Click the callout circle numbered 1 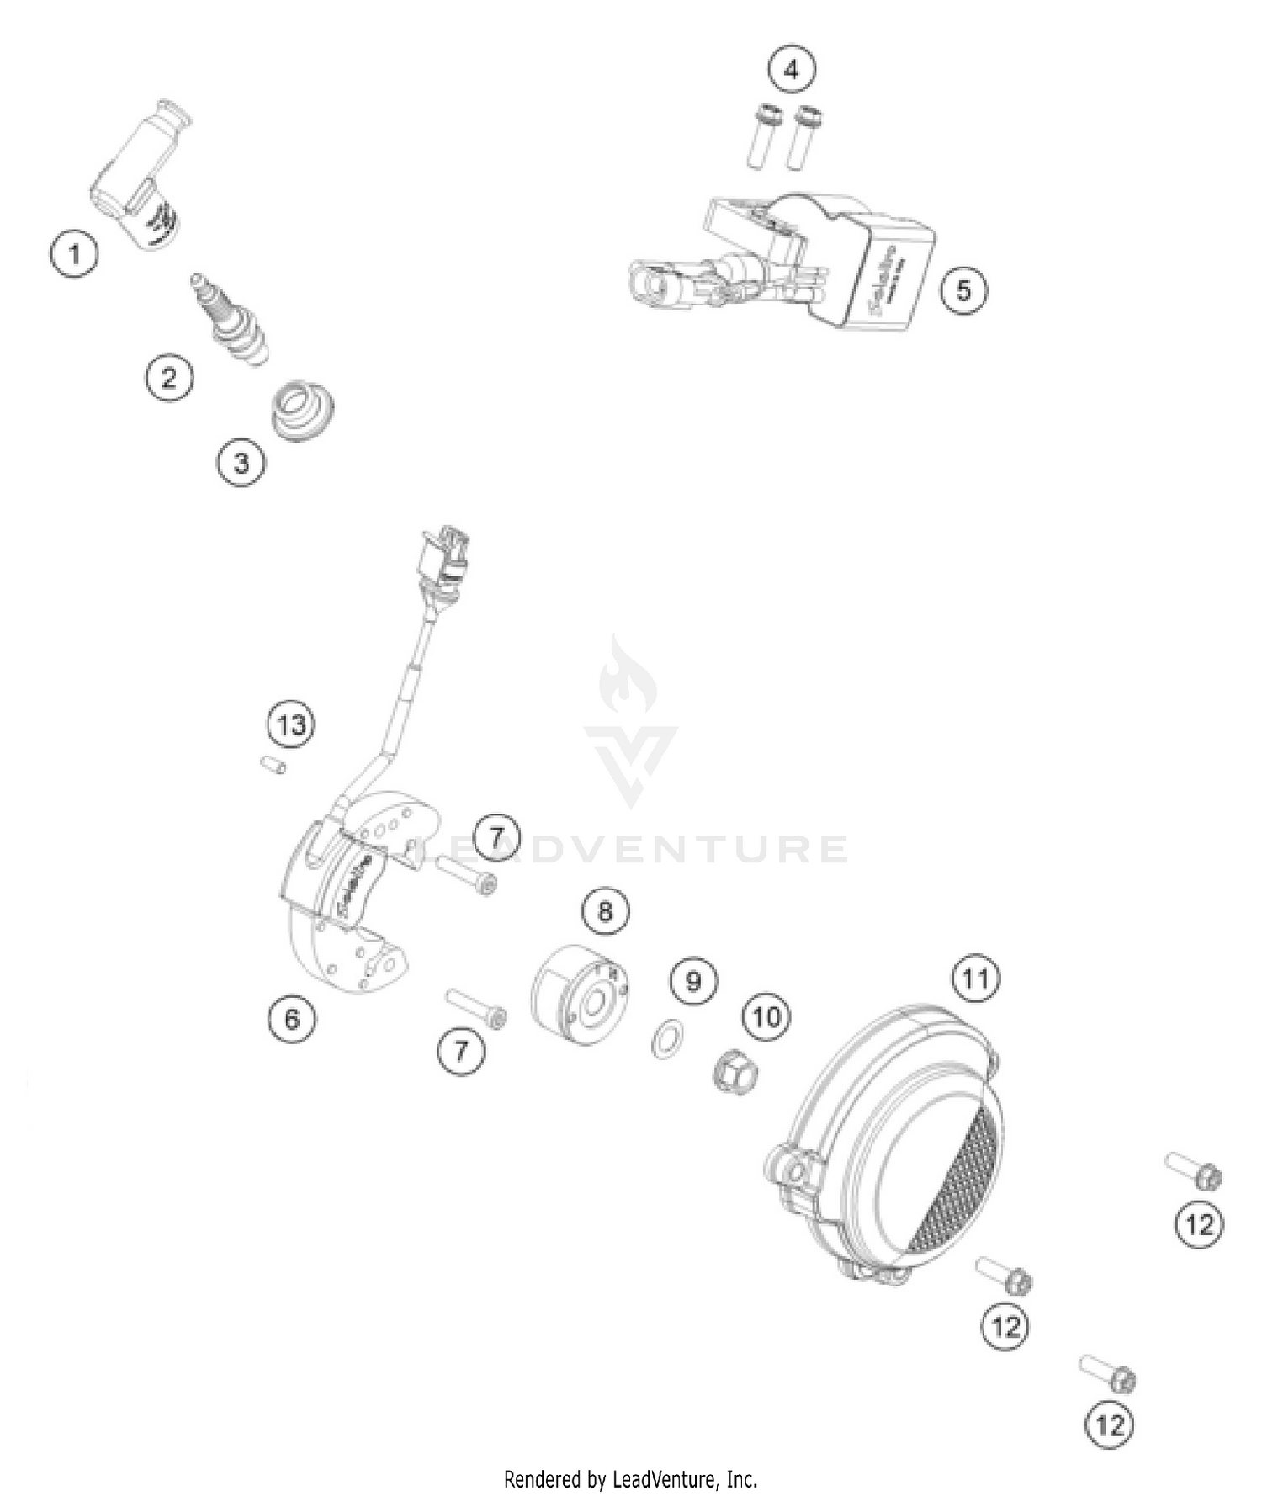74,253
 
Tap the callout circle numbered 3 241,463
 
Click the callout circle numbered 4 791,70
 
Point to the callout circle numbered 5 962,290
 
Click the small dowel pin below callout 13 272,765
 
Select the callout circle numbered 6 292,1019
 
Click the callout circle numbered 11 975,979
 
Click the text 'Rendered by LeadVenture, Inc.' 630,1477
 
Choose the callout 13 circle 291,724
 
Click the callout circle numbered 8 605,910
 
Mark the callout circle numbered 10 766,1017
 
